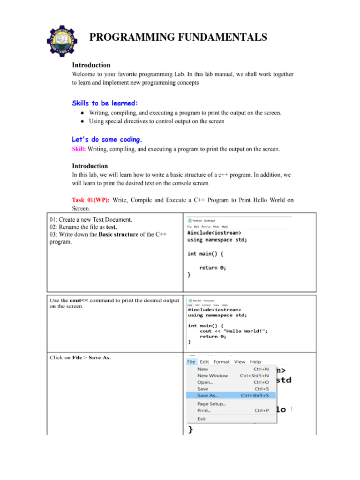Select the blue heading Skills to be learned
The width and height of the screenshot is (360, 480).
point(105,103)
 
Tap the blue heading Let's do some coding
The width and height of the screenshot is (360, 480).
point(106,140)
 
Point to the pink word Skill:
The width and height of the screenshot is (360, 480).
point(78,150)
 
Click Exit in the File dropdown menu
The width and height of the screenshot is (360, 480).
point(202,419)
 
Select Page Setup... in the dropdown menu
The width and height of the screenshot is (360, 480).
point(211,404)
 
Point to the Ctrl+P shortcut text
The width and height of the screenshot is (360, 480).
point(262,410)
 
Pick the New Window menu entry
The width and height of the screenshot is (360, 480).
point(213,375)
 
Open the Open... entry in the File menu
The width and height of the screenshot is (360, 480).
point(205,382)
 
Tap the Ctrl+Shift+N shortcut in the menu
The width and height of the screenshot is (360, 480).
point(255,375)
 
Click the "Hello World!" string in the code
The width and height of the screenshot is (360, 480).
point(246,331)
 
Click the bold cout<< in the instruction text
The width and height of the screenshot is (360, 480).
point(77,300)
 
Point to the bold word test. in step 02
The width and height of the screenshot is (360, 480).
point(111,227)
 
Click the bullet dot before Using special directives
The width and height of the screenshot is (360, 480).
point(82,121)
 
